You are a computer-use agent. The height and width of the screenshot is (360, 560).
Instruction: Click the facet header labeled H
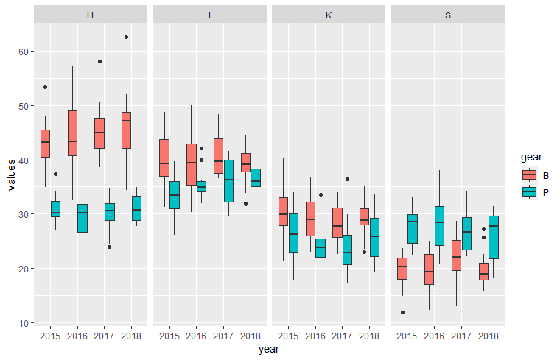(x=90, y=15)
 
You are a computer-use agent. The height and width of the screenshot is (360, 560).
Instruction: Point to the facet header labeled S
(x=447, y=15)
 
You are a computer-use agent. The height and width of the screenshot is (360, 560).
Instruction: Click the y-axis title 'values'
(x=10, y=174)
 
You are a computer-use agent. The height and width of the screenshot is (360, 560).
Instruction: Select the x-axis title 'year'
(x=269, y=350)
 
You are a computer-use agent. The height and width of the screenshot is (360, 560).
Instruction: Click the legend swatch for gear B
(x=529, y=175)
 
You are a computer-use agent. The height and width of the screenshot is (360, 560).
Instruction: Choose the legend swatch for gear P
(x=529, y=191)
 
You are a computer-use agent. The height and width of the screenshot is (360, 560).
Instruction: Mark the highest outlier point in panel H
(x=126, y=37)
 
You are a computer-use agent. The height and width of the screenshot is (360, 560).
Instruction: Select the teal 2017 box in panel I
(x=229, y=181)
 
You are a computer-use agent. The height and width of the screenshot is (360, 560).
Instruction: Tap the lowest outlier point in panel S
(x=402, y=312)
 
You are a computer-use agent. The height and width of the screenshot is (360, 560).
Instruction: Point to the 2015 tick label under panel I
(x=169, y=336)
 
